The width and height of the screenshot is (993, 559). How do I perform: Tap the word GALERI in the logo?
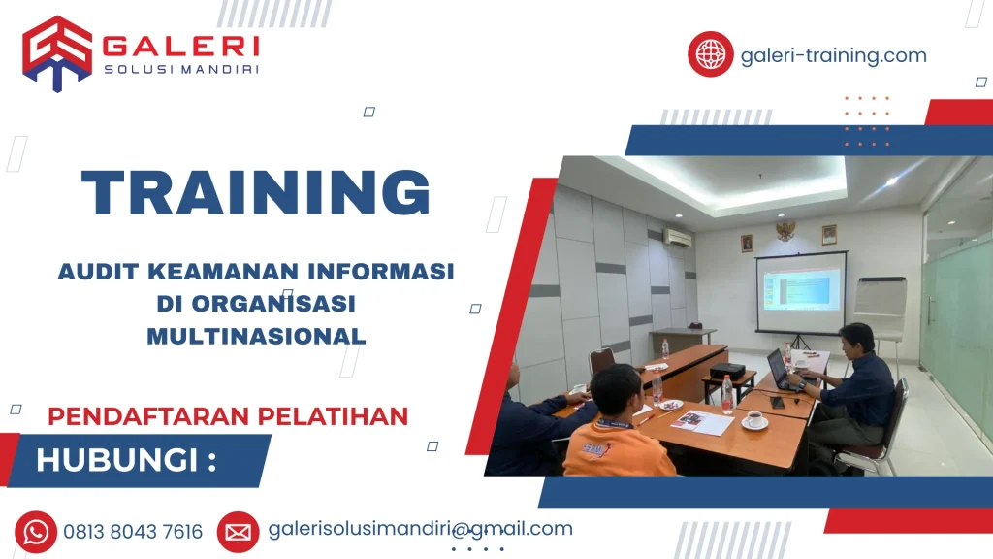[180, 46]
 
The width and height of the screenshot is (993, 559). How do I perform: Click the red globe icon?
[710, 54]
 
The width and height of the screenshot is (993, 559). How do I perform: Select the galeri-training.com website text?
[833, 55]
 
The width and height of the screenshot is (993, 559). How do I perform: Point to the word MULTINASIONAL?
[256, 336]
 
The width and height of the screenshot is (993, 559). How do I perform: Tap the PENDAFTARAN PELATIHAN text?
[228, 416]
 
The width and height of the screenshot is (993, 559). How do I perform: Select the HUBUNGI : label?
[126, 460]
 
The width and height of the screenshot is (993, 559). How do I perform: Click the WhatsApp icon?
[36, 531]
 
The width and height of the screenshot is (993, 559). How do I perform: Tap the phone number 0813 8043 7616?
[133, 532]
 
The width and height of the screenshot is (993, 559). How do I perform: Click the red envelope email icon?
[238, 531]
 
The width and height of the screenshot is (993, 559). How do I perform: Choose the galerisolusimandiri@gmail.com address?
[420, 529]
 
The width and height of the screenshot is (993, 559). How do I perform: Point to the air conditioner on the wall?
[678, 237]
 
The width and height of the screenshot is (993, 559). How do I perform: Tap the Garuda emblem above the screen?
[785, 229]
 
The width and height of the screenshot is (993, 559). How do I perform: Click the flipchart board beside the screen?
[881, 307]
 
